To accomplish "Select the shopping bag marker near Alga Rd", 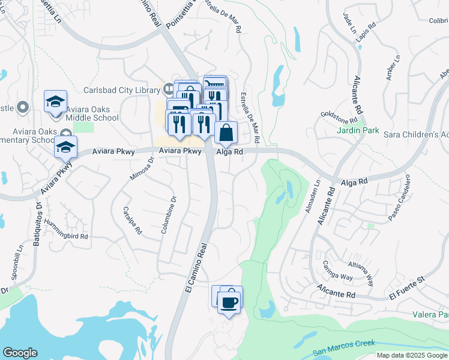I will [x=226, y=134].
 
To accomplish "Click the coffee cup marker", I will [x=229, y=302].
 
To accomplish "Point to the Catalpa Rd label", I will [x=132, y=220].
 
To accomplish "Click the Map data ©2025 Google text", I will [x=412, y=355].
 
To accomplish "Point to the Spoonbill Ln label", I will [x=15, y=265].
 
